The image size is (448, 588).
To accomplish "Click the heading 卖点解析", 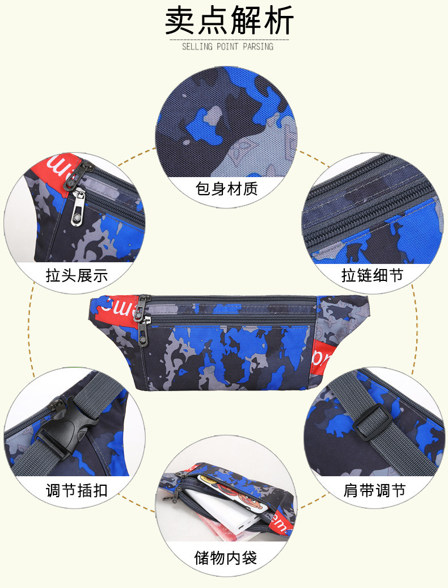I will click(230, 22).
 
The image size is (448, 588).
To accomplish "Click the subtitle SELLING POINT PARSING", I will click(227, 46).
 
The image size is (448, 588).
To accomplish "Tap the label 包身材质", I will click(226, 188).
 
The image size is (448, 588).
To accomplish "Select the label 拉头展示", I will click(77, 275).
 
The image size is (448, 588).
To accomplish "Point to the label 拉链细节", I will click(373, 275).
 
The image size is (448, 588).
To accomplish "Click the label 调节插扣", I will click(77, 490).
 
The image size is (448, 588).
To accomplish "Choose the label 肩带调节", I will click(374, 490).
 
